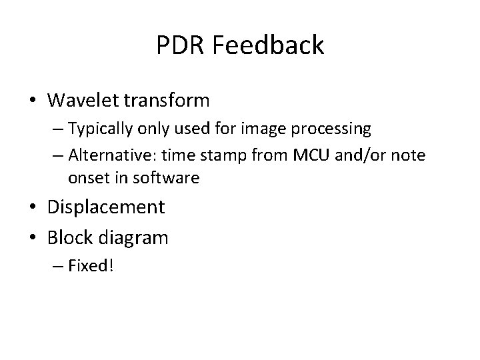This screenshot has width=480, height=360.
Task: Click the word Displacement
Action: [x=106, y=207]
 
